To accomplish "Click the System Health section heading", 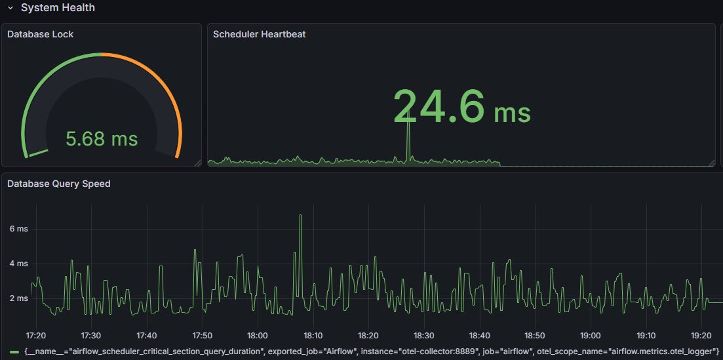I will [58, 8].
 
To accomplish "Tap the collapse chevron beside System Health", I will [10, 8].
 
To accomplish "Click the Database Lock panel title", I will [40, 34].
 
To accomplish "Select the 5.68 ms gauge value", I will [102, 139].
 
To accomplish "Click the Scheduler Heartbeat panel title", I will [259, 34].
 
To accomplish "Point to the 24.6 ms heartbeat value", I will [461, 106].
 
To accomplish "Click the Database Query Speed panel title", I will [58, 184].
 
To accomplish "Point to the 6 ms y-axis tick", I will [18, 229].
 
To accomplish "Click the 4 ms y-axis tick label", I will [18, 264].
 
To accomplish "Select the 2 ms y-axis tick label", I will [18, 298].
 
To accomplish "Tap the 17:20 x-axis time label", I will [35, 336].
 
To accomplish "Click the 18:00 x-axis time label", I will [258, 336].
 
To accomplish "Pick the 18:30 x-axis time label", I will [424, 336].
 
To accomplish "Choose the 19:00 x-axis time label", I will [591, 336].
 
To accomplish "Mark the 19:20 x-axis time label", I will [702, 336].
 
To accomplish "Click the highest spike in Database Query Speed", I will [300, 216].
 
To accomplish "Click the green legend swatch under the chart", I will [14, 352].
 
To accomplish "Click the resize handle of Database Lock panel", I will [197, 163].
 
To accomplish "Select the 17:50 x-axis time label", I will [202, 336].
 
